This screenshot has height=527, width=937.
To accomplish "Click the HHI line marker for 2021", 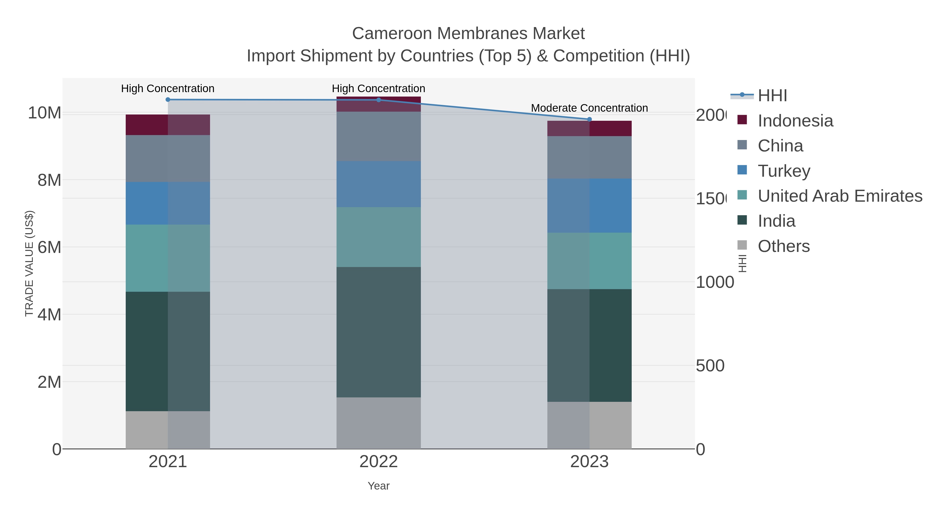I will pos(168,100).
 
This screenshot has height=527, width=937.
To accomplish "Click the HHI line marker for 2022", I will pos(379,100).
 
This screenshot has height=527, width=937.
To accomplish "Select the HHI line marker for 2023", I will pos(590,119).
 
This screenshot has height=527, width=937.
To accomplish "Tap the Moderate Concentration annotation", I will pos(589,108).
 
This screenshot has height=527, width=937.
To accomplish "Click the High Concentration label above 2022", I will pos(378,88).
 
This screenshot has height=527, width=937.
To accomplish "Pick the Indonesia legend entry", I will pos(795,121).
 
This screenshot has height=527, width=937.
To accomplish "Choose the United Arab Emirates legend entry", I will pos(839,196).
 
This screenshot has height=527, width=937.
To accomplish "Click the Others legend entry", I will pos(783,246).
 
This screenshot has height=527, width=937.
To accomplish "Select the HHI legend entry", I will pos(772,96).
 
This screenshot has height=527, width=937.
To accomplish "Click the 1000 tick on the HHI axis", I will pos(714,282).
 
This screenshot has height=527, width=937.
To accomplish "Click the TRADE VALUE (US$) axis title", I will pos(29,263).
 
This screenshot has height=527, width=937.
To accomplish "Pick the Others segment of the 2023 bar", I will pos(589,425).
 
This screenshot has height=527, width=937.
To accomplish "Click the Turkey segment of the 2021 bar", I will pos(168,203).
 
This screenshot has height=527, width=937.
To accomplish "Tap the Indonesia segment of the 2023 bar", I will pos(589,128).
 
